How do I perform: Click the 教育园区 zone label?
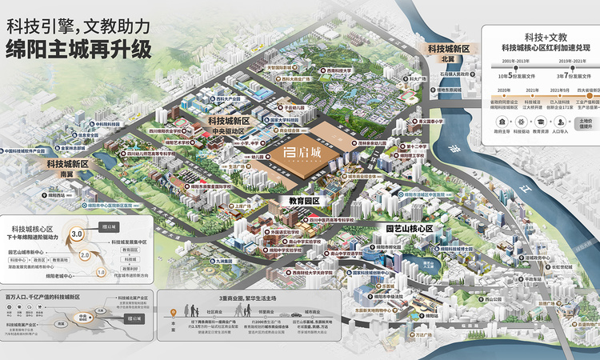[304, 201]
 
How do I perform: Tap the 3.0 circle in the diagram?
[78, 234]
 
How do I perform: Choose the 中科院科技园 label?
[106, 124]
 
